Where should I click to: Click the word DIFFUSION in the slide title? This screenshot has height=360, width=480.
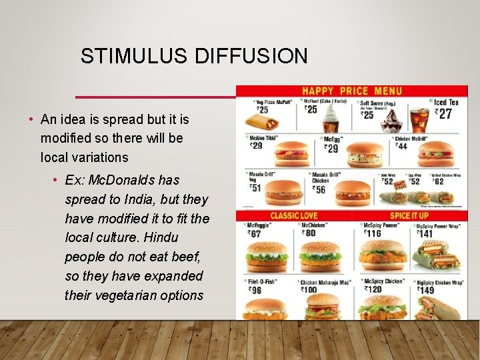coord(251,57)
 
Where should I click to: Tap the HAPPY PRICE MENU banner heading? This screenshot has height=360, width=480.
coord(352,91)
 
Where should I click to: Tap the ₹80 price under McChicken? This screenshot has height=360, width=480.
coord(309,233)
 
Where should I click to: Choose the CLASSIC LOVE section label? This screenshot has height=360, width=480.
coord(294,215)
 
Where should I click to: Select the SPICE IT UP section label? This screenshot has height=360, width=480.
coord(410,215)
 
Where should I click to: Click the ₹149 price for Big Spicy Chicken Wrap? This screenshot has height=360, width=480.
coord(426,290)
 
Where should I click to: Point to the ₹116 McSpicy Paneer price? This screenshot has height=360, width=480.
coord(373,233)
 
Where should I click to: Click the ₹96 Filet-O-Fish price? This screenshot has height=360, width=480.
coord(254,290)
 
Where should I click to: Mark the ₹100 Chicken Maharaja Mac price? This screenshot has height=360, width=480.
coord(310,290)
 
